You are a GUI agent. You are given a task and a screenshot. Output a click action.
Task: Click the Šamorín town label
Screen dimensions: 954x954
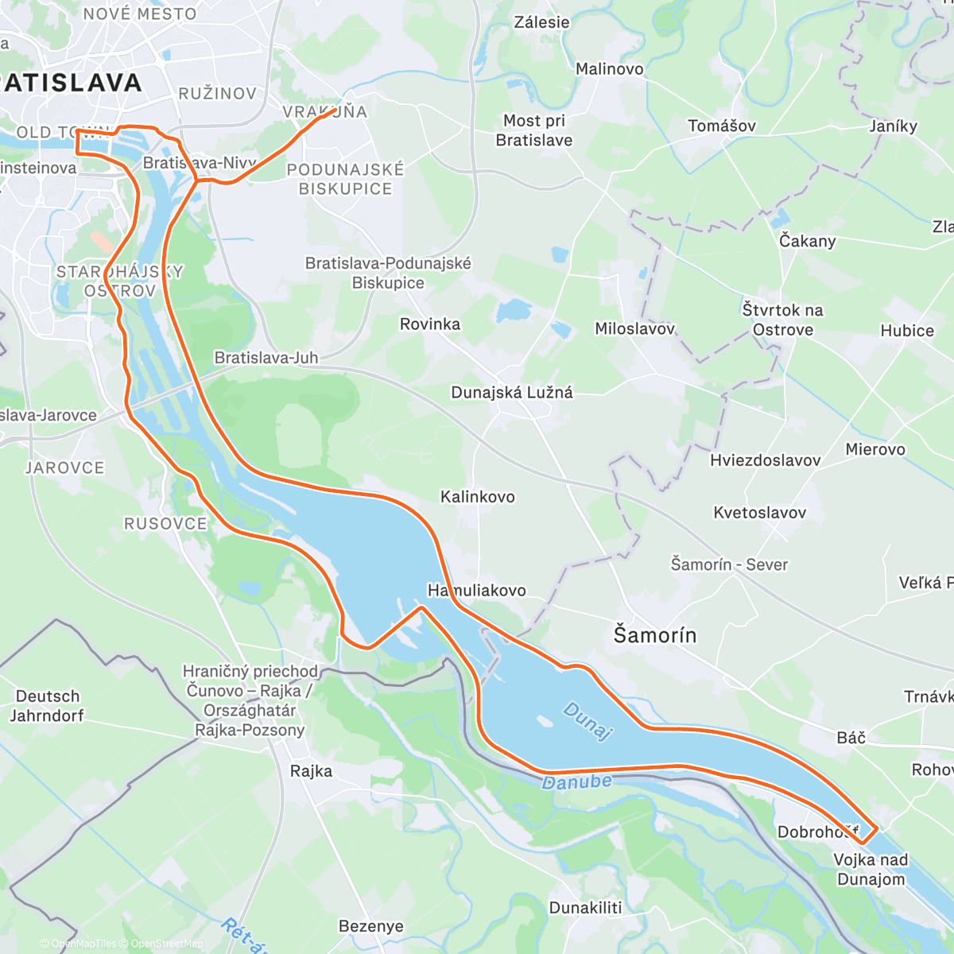(654, 635)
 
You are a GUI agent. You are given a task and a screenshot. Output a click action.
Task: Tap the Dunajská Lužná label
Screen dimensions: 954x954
(511, 392)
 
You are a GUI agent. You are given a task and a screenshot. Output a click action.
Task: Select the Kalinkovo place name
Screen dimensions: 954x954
(478, 497)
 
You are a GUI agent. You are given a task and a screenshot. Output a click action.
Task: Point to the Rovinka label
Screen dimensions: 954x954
(429, 324)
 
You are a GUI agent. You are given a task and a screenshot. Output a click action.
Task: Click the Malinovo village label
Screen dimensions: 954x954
(609, 69)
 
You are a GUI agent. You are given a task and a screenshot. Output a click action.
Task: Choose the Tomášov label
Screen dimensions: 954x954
(722, 126)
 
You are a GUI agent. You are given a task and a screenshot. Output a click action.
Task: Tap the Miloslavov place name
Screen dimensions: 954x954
(634, 328)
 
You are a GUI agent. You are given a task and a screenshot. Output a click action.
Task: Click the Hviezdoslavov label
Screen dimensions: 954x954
(765, 460)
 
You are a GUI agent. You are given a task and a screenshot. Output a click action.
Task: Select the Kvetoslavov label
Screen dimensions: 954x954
(759, 513)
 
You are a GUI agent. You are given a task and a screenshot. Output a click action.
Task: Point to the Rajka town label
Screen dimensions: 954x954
(311, 771)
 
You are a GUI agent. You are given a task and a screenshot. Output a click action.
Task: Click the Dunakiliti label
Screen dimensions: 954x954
(585, 908)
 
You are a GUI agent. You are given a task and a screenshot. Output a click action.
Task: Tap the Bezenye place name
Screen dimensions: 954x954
(370, 926)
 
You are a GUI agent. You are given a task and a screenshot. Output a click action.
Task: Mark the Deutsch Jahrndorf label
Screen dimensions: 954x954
(48, 706)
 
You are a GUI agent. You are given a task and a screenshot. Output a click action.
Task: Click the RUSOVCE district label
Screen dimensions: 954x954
(165, 524)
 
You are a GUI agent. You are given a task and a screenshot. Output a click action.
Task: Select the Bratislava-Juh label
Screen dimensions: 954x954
(266, 358)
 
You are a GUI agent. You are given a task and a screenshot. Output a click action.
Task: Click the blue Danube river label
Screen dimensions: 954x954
(577, 782)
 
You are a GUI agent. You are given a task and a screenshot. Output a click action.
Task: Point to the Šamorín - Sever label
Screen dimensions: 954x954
(729, 564)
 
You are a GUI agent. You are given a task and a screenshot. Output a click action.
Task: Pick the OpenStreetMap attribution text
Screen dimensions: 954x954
(167, 944)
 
